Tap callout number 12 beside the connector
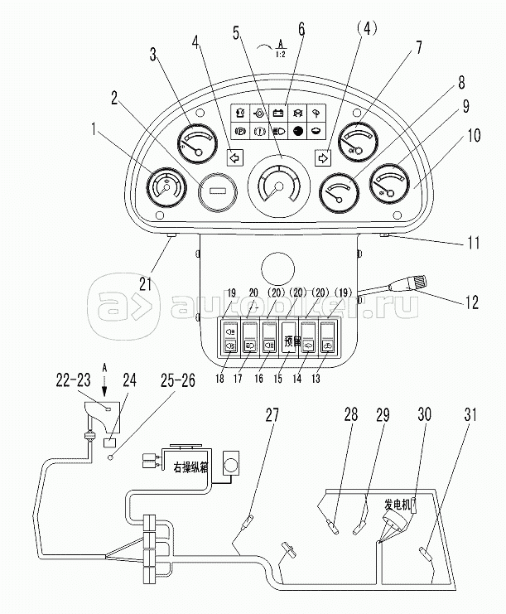coord(471,302)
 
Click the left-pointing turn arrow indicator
coord(234,153)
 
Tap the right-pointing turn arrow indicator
coord(323,153)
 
